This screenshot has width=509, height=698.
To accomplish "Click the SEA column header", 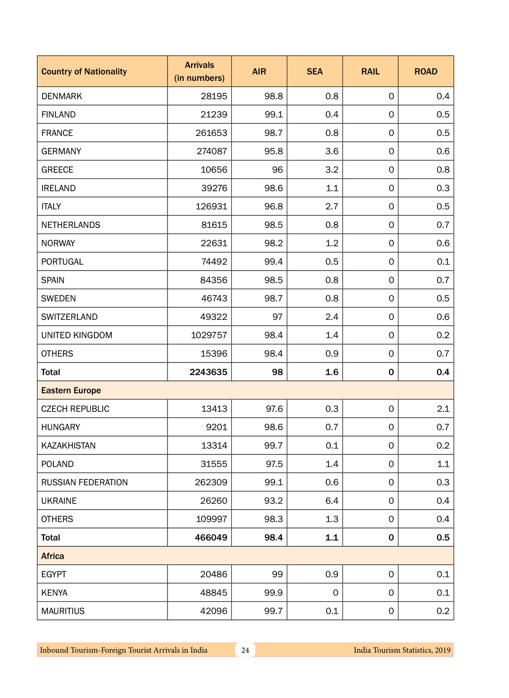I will coord(314,71).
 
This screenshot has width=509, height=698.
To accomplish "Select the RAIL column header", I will coord(370,71).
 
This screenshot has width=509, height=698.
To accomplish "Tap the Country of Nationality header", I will coord(84,71).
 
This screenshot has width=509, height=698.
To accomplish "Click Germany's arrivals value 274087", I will coord(212,151).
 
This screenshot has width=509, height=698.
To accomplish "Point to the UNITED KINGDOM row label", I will coord(77,335).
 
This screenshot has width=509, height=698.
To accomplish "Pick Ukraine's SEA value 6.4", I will coord(332,500).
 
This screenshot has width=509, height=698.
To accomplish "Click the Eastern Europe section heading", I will coord(71,390).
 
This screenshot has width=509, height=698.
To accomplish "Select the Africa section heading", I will coord(52,556).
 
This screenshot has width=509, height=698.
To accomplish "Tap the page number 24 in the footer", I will coord(245,650).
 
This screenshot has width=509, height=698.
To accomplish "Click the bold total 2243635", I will coord(208,372).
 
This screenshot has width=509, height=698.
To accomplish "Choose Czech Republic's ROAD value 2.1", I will coord(443,409).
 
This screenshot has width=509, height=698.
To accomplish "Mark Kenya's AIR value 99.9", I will coord(273,592).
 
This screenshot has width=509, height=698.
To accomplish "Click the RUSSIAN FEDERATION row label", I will coord(85,482).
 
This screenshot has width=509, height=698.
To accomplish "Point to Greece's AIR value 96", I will coord(277,170).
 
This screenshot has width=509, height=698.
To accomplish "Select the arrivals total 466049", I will coord(211,537).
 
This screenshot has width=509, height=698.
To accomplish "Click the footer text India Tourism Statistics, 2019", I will coord(402,650).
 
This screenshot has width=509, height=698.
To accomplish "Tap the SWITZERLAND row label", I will coord(69,317).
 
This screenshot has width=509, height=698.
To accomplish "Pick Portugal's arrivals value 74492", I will coord(214,261).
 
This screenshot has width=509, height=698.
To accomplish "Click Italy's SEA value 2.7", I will coord(332,206).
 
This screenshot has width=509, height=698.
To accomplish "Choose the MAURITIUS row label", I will coord(63,611).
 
